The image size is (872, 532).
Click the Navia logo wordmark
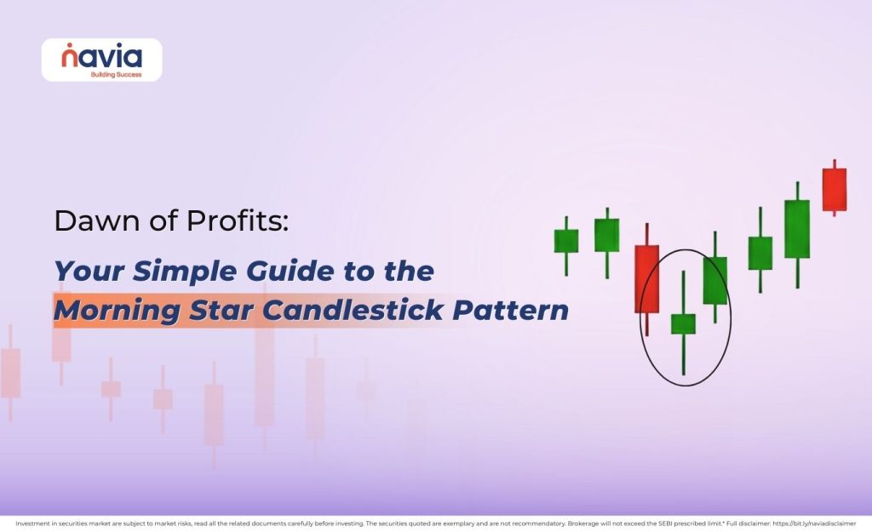coord(101,57)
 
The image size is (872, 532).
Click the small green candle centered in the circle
coord(683,323)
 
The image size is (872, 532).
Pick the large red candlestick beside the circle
coord(646,279)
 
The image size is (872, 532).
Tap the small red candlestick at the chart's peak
coord(834,189)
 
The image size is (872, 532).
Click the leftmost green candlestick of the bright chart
coord(565,241)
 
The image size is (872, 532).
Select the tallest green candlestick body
coord(796,229)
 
